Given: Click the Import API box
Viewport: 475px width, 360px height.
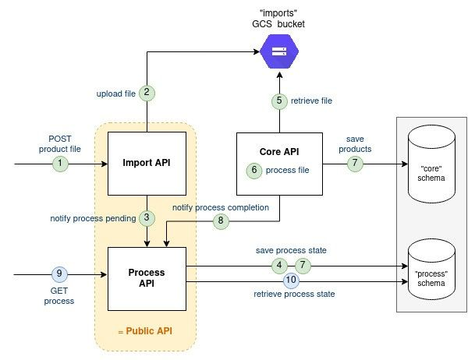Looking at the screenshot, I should [x=146, y=163].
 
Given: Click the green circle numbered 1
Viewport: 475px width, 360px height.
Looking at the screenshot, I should [x=60, y=164].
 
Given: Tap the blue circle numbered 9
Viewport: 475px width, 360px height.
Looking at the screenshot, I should [x=60, y=274].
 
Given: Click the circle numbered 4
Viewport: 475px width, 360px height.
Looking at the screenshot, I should [x=279, y=266].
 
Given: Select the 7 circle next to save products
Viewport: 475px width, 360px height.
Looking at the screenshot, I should [x=355, y=164].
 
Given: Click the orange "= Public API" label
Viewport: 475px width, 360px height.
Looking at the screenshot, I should [x=146, y=331].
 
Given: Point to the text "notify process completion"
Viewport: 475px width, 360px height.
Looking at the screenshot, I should [x=221, y=207].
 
